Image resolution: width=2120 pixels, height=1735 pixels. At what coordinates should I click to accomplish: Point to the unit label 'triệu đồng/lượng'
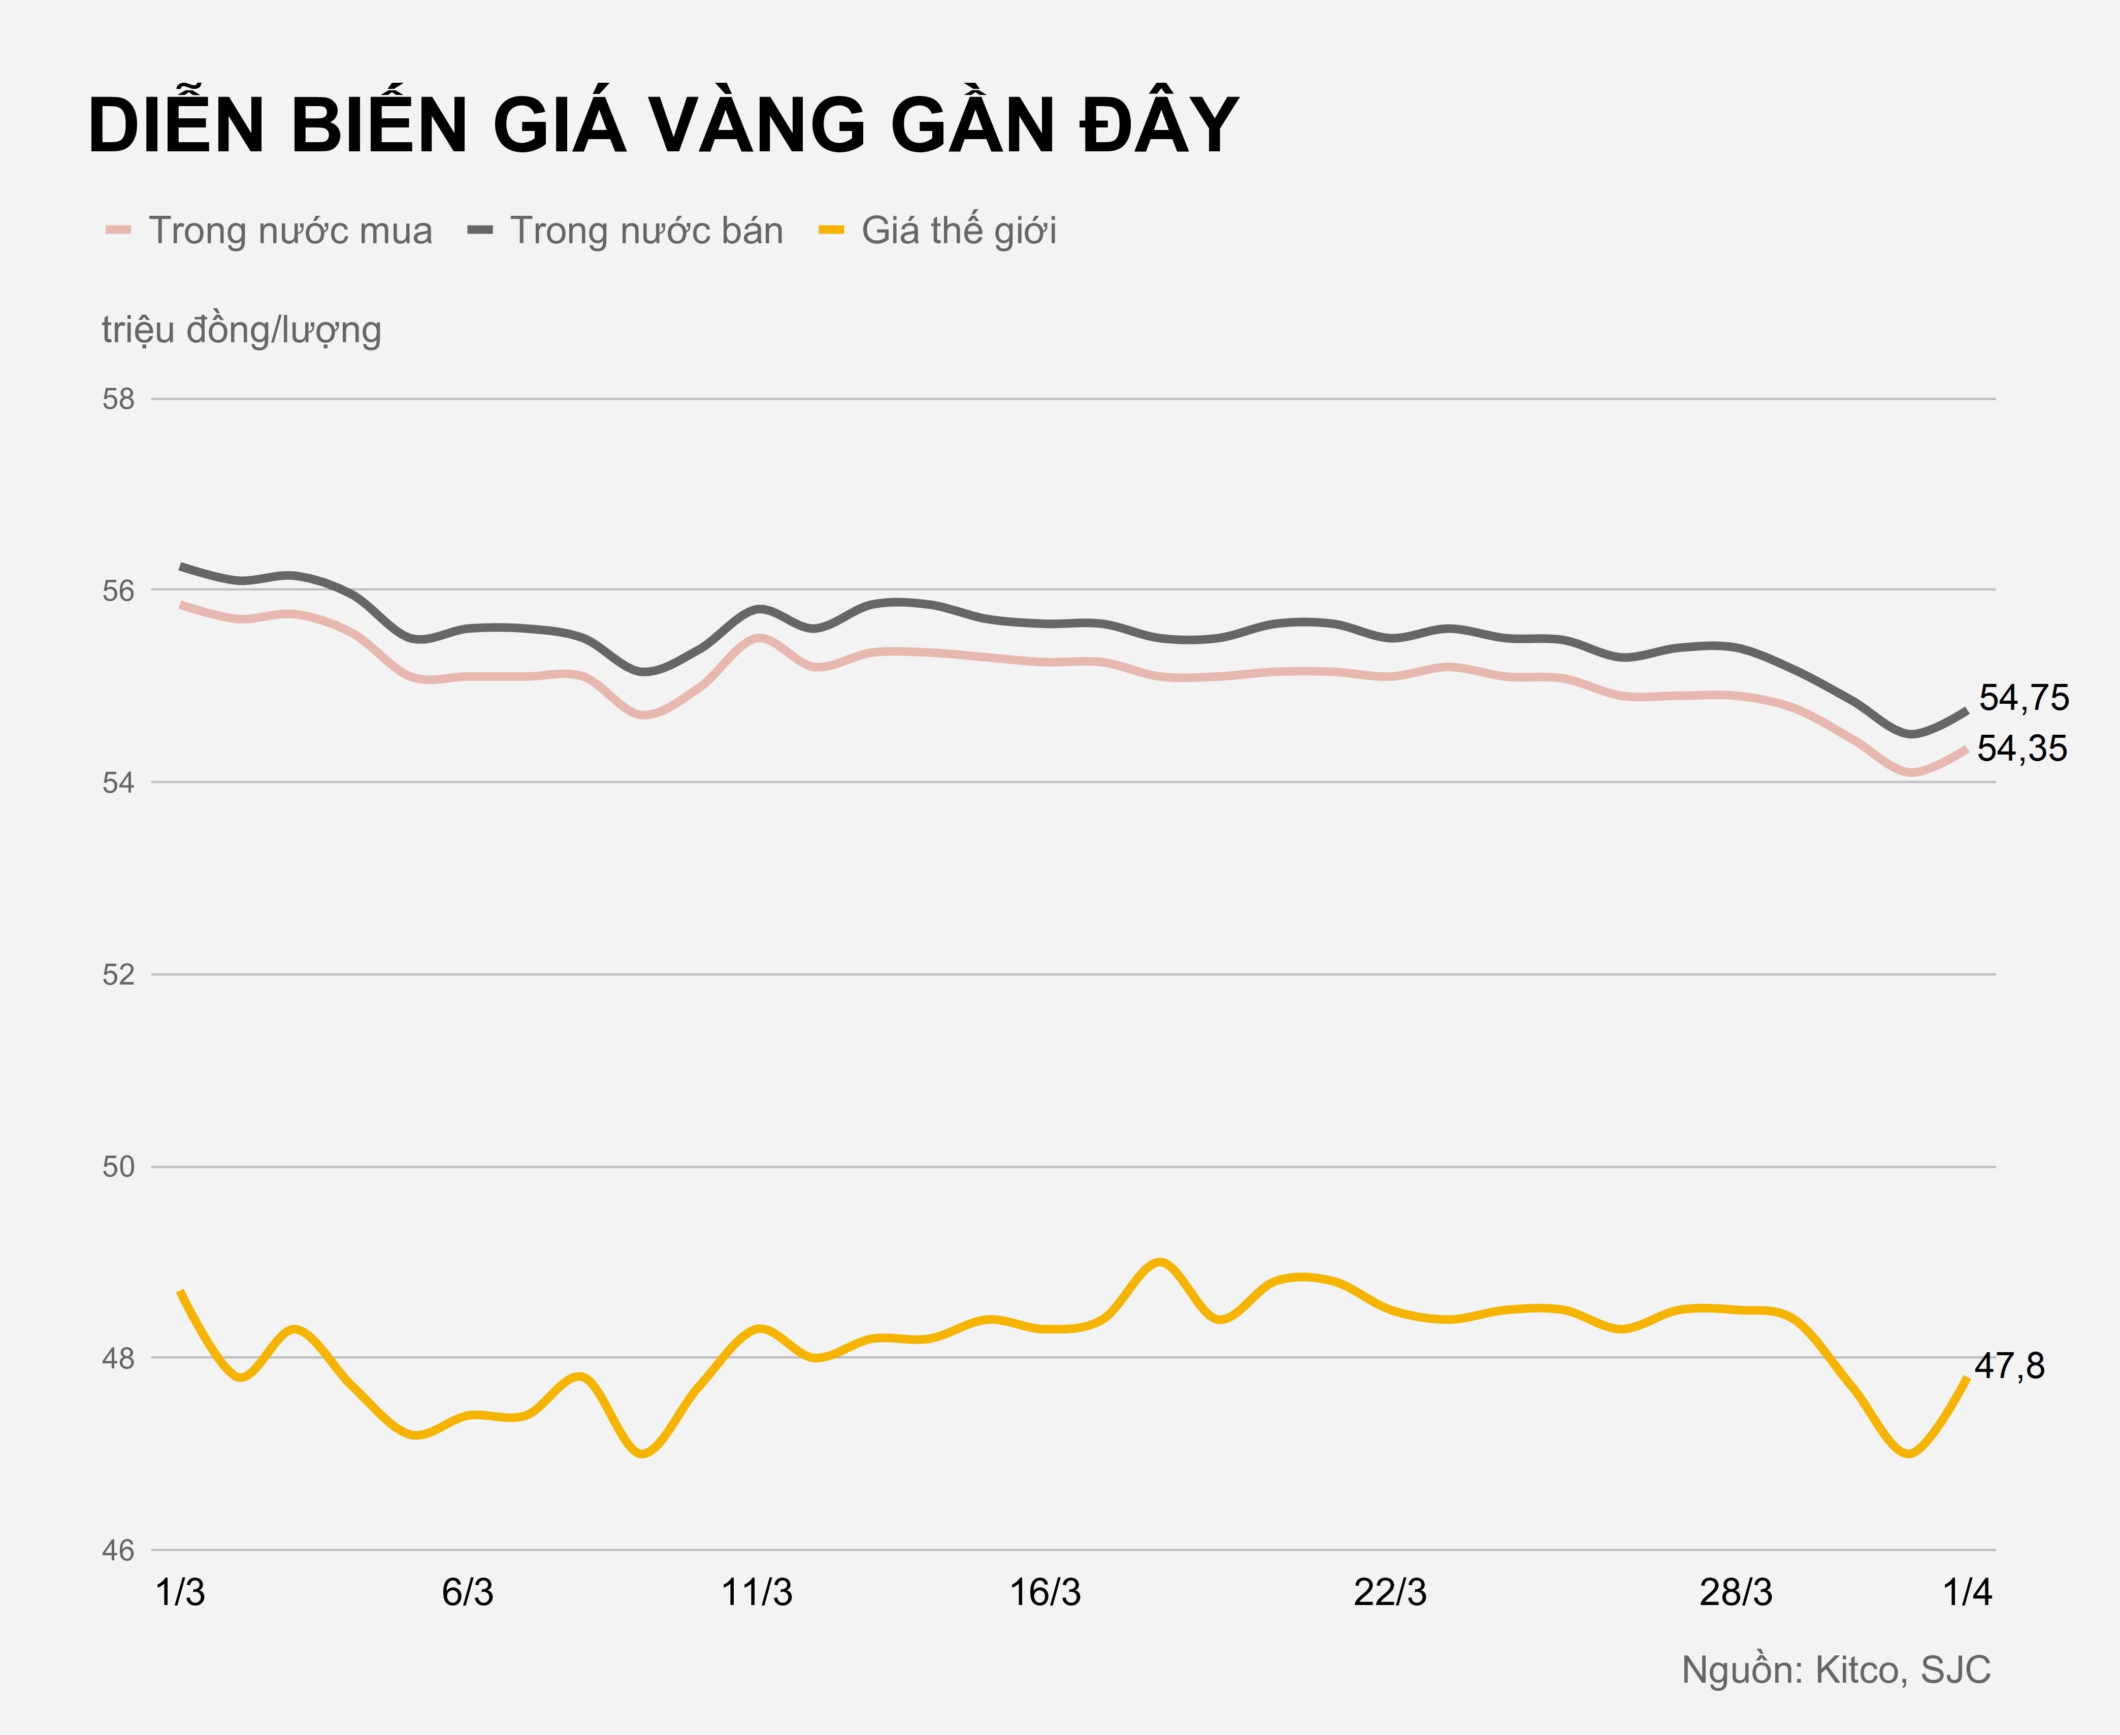(241, 330)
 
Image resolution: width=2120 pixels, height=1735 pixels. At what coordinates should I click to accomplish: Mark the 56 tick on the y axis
(118, 591)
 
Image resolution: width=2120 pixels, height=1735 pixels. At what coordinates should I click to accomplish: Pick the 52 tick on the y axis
(118, 974)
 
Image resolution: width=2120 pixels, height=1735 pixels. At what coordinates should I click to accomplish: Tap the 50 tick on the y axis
(118, 1166)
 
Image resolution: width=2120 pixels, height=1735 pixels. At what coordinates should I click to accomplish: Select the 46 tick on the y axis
(118, 1550)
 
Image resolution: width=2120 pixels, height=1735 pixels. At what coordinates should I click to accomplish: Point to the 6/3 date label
(468, 1593)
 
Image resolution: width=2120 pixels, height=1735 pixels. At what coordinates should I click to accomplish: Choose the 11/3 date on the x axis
(757, 1593)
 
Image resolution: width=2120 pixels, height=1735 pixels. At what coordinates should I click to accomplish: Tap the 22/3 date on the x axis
(1390, 1593)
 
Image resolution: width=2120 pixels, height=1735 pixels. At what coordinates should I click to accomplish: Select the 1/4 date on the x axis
(1967, 1593)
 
